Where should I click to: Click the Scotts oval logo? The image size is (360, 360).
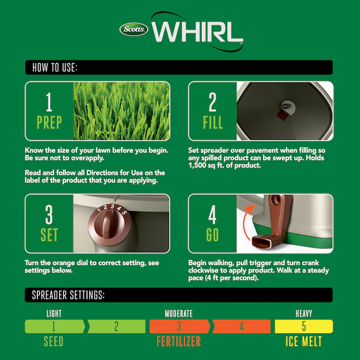134,30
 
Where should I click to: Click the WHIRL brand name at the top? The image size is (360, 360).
197,32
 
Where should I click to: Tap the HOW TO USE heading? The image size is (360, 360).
55,67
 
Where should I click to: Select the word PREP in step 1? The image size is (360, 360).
50,122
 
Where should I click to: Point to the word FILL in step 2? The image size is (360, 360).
213,122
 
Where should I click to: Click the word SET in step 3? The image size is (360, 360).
49,235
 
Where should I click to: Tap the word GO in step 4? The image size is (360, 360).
212,235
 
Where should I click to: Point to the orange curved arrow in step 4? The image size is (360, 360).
247,221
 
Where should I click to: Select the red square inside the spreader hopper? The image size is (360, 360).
282,115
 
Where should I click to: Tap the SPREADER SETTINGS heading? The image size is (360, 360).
68,295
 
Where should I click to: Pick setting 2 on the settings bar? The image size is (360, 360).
116,326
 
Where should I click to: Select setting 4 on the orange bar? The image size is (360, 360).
241,326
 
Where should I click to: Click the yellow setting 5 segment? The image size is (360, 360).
304,326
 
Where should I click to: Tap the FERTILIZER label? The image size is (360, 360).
179,341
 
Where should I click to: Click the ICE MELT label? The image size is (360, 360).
304,341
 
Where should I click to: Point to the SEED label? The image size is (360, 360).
53,341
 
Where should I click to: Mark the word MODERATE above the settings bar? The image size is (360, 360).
179,313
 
